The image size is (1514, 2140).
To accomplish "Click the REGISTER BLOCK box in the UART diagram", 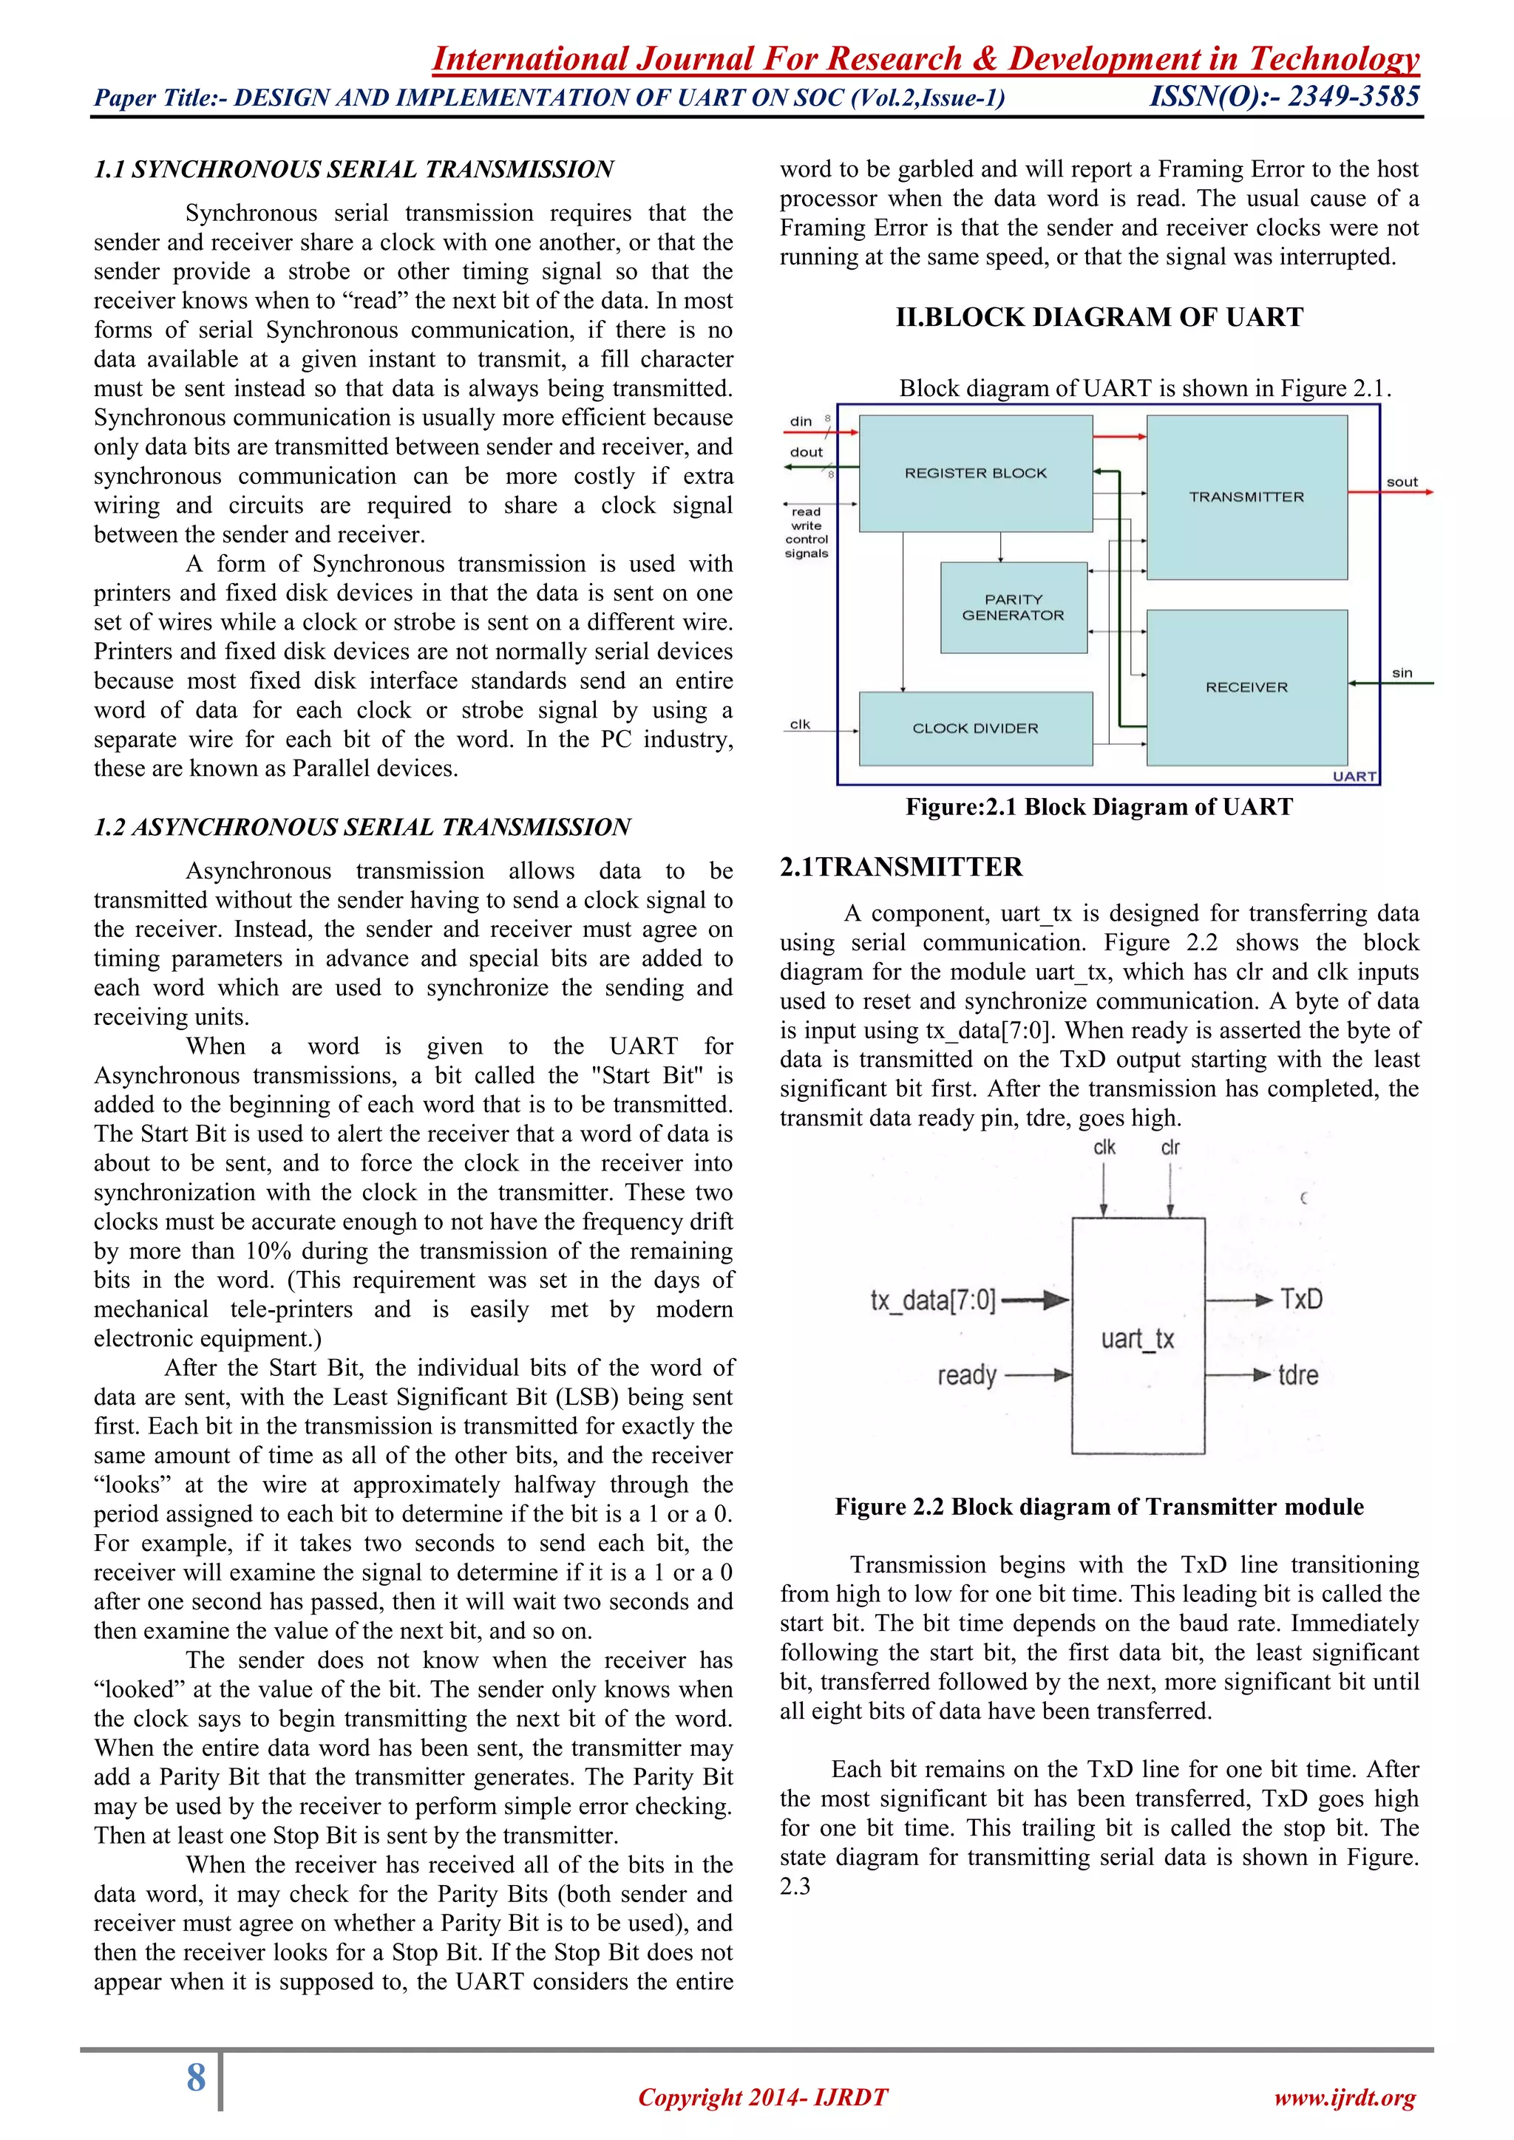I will [x=975, y=474].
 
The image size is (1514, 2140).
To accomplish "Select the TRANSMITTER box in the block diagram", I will [x=1246, y=497].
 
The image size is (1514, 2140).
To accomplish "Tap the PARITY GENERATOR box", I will [x=1014, y=607].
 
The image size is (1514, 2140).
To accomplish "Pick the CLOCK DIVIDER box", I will [x=975, y=728].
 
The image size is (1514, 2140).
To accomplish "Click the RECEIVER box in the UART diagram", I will [x=1246, y=687].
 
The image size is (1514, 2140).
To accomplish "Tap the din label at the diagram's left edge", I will [x=801, y=421].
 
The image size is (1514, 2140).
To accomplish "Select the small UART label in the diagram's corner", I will [x=1354, y=777].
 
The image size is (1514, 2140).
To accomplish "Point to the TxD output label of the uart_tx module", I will [x=1300, y=1299].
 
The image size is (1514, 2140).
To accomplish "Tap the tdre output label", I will [x=1297, y=1374].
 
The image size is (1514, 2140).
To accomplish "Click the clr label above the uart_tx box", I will [x=1170, y=1148].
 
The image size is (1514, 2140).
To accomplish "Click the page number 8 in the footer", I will [x=196, y=2077].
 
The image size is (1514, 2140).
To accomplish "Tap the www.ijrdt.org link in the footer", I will [x=1344, y=2098].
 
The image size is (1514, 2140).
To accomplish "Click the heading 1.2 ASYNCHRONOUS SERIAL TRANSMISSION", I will [x=363, y=827].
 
